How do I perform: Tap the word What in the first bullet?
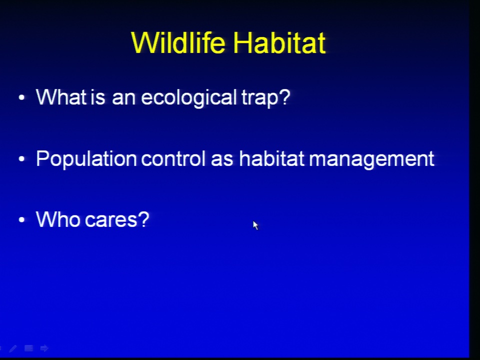(61, 97)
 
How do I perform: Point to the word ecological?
(188, 98)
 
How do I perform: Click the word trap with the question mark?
(265, 98)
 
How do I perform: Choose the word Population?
(86, 159)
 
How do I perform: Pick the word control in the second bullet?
(173, 158)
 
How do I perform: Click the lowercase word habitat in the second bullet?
(271, 158)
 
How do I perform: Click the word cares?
(117, 220)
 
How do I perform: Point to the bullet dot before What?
(21, 97)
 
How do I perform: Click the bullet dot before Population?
(21, 159)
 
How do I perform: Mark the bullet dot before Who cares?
(21, 220)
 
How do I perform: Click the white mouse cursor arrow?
(255, 225)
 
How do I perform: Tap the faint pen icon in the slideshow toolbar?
(13, 348)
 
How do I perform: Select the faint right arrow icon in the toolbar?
(44, 348)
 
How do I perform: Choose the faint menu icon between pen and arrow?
(29, 348)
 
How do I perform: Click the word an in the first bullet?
(123, 99)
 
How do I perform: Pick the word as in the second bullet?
(222, 160)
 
